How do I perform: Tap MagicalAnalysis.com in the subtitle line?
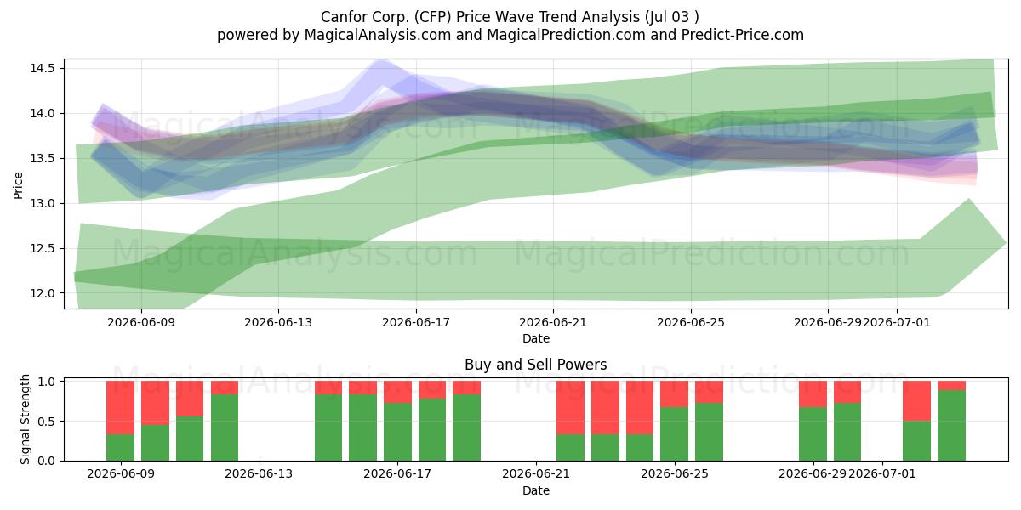pos(378,35)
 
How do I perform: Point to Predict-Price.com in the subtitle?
pos(743,35)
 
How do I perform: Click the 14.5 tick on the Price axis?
pos(43,68)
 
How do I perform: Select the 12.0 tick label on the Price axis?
pos(43,293)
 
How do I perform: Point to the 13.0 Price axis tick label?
pos(43,203)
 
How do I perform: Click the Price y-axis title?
pos(18,185)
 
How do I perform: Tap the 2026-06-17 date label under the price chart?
pos(416,322)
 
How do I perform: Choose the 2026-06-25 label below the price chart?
pos(691,322)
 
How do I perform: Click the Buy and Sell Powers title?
pos(535,365)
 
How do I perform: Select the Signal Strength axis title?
pos(25,419)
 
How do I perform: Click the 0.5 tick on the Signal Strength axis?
pos(46,422)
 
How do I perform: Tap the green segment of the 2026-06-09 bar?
pos(120,448)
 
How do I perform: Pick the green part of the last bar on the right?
pos(951,425)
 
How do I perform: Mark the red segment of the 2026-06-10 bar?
pos(155,403)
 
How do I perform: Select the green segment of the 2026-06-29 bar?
pos(813,434)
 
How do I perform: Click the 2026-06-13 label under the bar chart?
pos(259,473)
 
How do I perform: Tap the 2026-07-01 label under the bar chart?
pos(882,473)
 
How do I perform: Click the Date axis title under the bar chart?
pos(535,490)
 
